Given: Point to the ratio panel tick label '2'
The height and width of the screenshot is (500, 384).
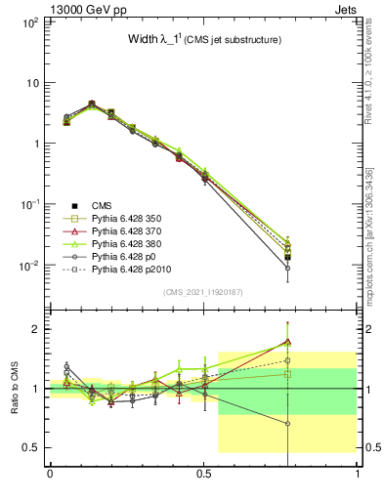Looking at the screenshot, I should coord(36,329).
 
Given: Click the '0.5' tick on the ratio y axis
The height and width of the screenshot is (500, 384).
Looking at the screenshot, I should coord(31,447).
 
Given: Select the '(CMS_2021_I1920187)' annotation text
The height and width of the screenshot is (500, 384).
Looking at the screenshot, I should coord(203,292).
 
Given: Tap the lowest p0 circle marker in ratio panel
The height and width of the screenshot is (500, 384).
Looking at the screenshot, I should coord(287,424).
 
